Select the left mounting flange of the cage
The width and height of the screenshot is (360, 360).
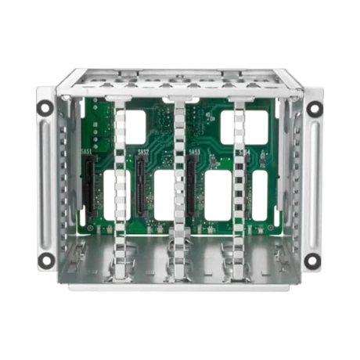[46, 184]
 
